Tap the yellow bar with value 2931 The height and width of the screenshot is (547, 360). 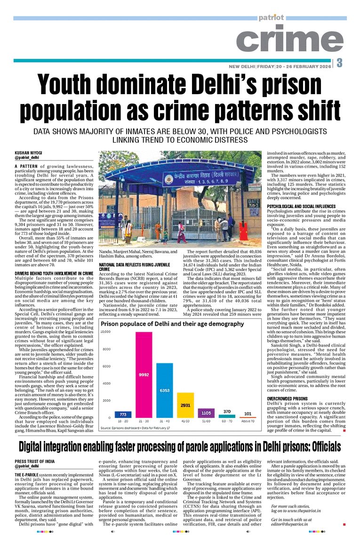tap(185, 405)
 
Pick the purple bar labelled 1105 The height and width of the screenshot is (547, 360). tap(206, 413)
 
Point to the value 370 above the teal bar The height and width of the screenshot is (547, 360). tap(227, 412)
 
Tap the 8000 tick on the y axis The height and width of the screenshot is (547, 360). tap(106, 349)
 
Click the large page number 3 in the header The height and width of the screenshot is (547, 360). tap(339, 63)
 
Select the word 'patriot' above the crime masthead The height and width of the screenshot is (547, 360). tap(271, 17)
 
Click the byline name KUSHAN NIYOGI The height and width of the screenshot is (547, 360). tap(28, 153)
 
